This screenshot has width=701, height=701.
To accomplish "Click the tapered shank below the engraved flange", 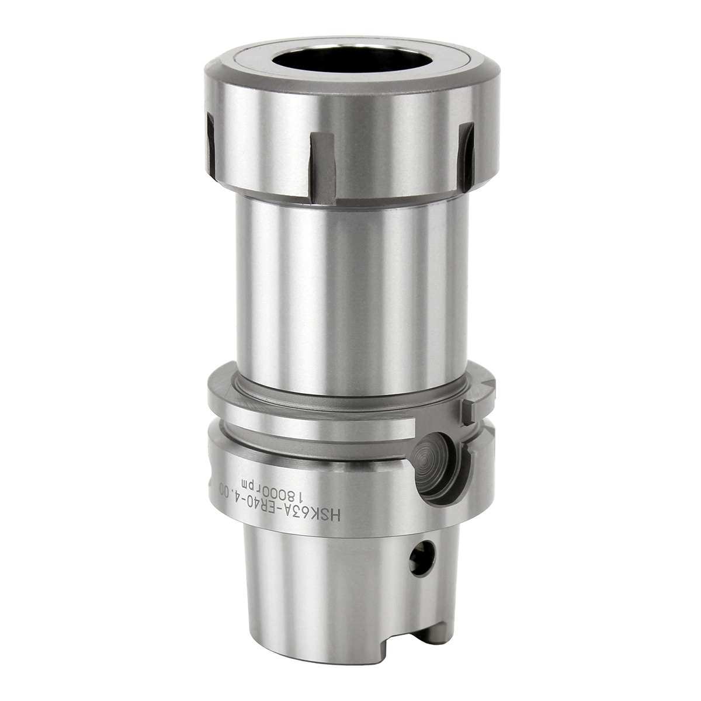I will pos(327,584).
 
